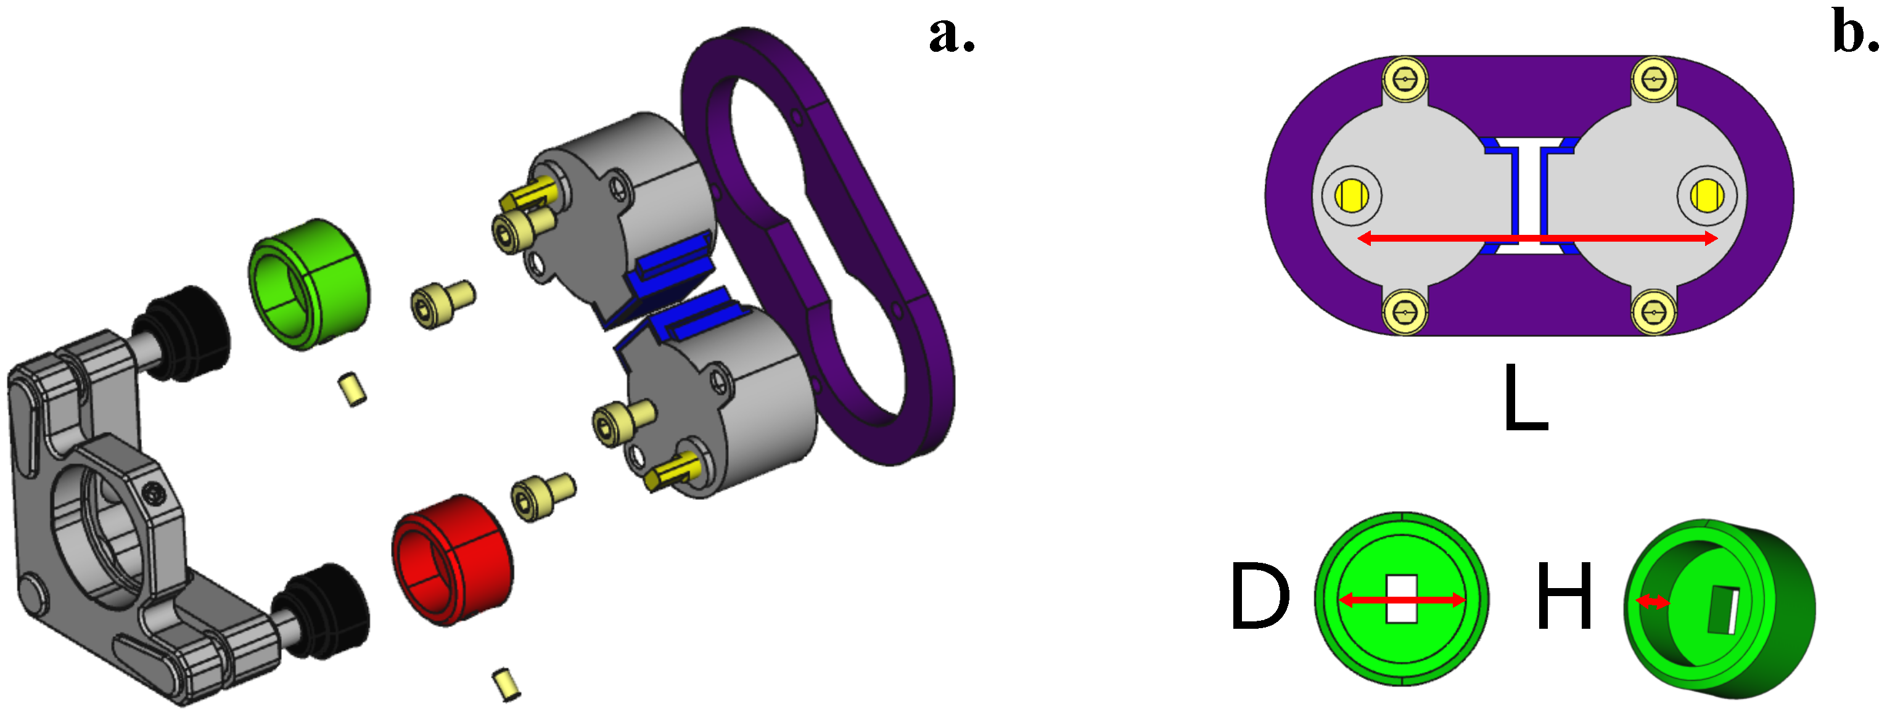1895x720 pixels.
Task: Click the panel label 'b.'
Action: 1854,34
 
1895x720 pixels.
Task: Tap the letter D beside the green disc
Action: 1259,597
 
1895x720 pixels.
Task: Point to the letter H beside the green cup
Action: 1564,597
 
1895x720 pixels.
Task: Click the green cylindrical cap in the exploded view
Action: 309,283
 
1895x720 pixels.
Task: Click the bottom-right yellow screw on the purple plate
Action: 1654,313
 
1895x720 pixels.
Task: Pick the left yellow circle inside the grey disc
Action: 1352,195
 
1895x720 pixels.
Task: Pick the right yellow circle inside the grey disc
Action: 1705,195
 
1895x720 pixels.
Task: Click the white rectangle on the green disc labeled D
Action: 1402,599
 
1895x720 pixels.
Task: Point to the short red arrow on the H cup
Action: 1652,602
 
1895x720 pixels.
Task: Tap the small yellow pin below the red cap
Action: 506,684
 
